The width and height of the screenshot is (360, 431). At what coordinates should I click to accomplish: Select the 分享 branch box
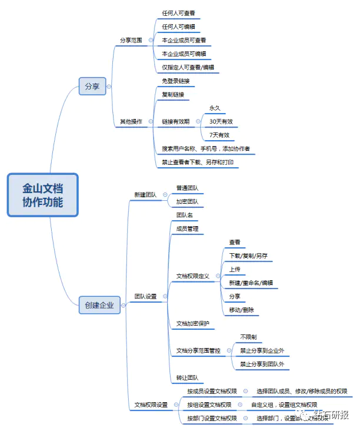(92, 87)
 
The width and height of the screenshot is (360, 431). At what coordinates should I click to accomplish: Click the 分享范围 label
(131, 40)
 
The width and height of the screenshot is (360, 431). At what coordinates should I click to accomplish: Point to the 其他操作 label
(131, 122)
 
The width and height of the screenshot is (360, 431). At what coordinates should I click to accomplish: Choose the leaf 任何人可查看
(179, 12)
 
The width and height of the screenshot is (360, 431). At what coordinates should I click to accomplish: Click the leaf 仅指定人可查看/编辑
(188, 68)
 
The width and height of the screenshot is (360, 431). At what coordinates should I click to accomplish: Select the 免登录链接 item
(176, 81)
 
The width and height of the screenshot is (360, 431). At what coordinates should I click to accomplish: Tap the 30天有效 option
(221, 121)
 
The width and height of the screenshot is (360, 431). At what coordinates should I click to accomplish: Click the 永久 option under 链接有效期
(215, 108)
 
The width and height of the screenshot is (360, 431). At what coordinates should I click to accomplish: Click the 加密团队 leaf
(187, 201)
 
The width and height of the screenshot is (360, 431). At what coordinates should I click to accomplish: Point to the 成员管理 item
(187, 228)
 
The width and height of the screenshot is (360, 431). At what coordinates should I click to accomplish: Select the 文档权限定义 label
(193, 276)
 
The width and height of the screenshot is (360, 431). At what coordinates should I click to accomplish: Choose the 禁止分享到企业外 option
(262, 351)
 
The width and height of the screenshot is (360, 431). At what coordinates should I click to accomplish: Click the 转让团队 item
(187, 377)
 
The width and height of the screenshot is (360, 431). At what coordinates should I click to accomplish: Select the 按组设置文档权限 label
(209, 405)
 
